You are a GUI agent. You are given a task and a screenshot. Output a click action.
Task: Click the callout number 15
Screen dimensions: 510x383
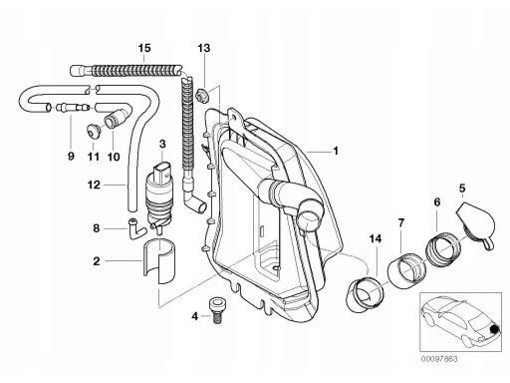pyautogui.click(x=144, y=48)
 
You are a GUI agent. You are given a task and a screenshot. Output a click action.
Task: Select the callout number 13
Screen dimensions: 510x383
pyautogui.click(x=204, y=48)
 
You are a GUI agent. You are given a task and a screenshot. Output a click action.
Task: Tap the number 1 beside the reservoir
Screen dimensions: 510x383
pyautogui.click(x=336, y=151)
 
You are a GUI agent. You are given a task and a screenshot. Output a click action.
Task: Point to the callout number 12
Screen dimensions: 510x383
pyautogui.click(x=94, y=185)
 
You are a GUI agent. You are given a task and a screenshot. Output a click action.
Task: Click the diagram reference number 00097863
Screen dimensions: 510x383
pyautogui.click(x=439, y=359)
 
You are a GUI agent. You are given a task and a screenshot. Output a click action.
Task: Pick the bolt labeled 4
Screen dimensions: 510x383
pyautogui.click(x=216, y=311)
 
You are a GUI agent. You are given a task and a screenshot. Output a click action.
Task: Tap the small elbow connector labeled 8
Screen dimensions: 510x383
pyautogui.click(x=136, y=228)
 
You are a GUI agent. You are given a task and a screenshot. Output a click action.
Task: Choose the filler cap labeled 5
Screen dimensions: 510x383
pyautogui.click(x=475, y=223)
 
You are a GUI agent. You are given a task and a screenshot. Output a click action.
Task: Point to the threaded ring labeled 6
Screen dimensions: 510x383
pyautogui.click(x=443, y=248)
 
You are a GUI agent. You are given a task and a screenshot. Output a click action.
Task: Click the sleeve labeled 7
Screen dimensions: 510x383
pyautogui.click(x=406, y=270)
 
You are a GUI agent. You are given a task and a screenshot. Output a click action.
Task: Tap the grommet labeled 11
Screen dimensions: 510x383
pyautogui.click(x=94, y=130)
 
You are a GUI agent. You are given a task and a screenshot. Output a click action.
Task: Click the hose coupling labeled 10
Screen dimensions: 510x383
pyautogui.click(x=116, y=119)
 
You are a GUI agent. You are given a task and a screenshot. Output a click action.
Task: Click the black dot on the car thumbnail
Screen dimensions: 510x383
pyautogui.click(x=495, y=329)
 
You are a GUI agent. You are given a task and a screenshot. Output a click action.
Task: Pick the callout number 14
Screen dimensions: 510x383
pyautogui.click(x=376, y=238)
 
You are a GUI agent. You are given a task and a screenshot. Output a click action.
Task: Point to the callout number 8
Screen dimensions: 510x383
pyautogui.click(x=97, y=228)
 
